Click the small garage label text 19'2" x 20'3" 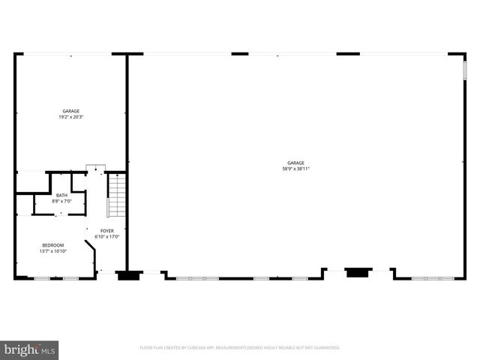(x=71, y=117)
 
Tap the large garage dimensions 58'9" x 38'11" (x=295, y=169)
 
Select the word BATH (x=61, y=196)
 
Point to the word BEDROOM (x=52, y=245)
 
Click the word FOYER (x=107, y=231)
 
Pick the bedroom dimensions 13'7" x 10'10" (x=52, y=251)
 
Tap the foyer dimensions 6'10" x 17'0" (x=107, y=237)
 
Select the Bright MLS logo (x=30, y=349)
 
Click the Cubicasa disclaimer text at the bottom (x=240, y=348)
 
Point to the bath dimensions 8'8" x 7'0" (x=61, y=202)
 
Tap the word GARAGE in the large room (x=295, y=163)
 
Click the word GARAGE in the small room (x=71, y=111)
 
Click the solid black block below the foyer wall (x=129, y=275)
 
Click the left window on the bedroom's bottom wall (x=42, y=279)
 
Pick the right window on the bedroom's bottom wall (x=70, y=279)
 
